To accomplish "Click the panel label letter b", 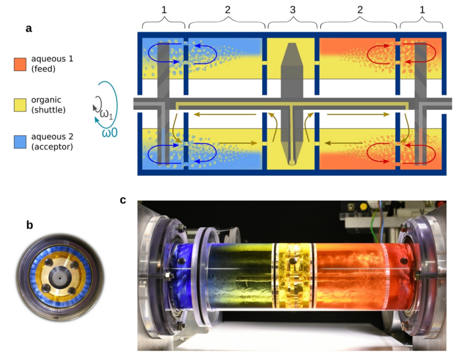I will pyautogui.click(x=29, y=224).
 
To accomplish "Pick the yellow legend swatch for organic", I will pyautogui.click(x=20, y=104).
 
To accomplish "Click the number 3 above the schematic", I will pyautogui.click(x=292, y=11).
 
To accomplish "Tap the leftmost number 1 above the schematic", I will pyautogui.click(x=163, y=11).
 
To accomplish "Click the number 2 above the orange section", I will pyautogui.click(x=359, y=11).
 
